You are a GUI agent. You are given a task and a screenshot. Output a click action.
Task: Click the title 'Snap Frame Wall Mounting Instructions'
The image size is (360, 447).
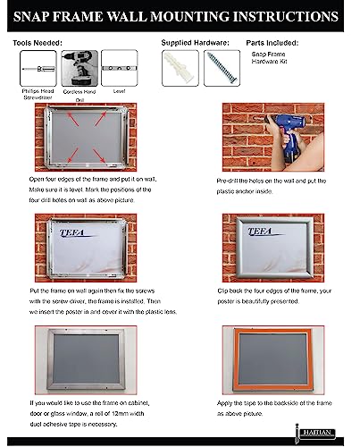[180, 16]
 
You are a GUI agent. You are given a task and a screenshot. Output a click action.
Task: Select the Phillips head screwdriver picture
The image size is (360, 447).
[36, 67]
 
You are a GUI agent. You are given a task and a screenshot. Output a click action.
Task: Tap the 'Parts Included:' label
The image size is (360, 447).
[273, 42]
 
